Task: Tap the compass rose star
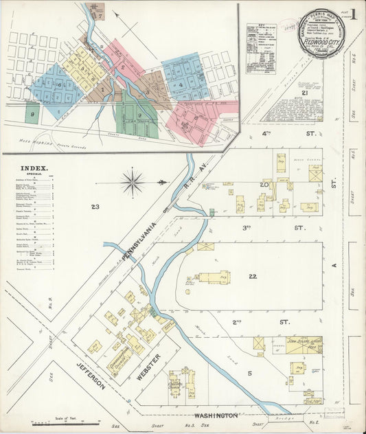(132, 183)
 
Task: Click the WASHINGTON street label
(216, 416)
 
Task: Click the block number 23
(95, 206)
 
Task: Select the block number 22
(253, 275)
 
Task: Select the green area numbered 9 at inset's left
(32, 113)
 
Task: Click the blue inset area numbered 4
(181, 85)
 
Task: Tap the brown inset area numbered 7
(100, 14)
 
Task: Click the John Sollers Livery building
(305, 344)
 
